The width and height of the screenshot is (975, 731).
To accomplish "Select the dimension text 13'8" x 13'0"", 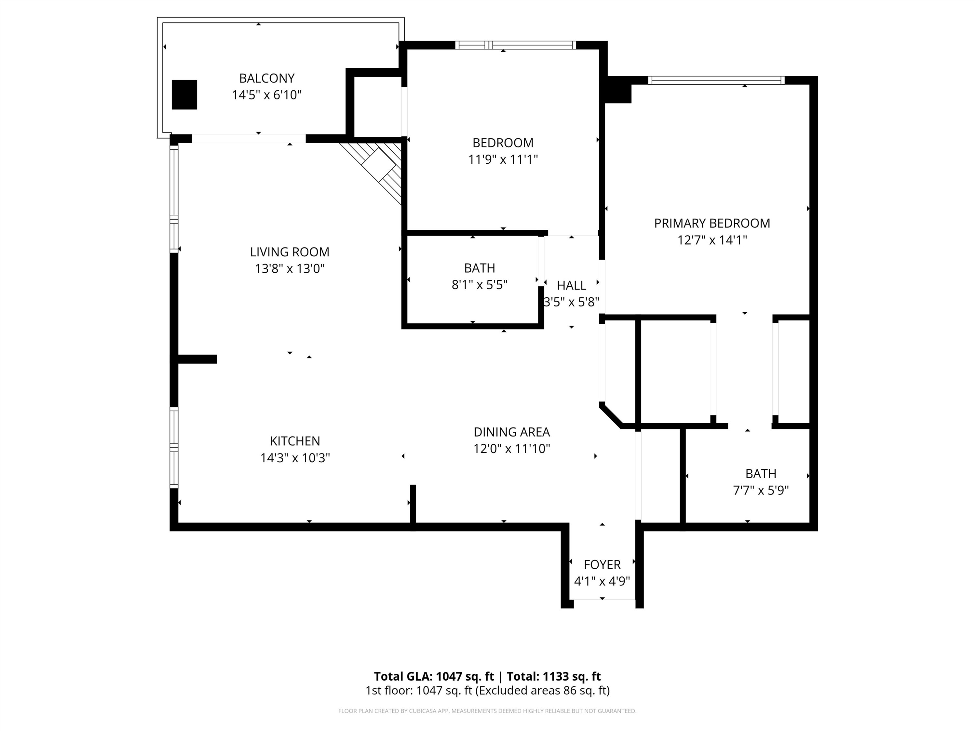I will [x=290, y=268].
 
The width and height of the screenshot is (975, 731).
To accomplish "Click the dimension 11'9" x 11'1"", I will [x=502, y=159].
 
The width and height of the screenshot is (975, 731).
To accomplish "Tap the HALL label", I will [x=571, y=286].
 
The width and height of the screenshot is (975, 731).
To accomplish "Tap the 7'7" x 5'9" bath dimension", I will [x=760, y=490].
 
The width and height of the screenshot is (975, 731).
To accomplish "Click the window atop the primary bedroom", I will [x=716, y=80].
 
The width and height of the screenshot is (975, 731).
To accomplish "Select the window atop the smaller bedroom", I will [x=515, y=45].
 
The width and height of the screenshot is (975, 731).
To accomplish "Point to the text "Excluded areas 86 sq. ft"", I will [x=543, y=690].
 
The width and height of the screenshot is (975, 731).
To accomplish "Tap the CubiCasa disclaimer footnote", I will [x=487, y=711].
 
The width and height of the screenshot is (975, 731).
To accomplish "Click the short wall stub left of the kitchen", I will [x=197, y=359].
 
